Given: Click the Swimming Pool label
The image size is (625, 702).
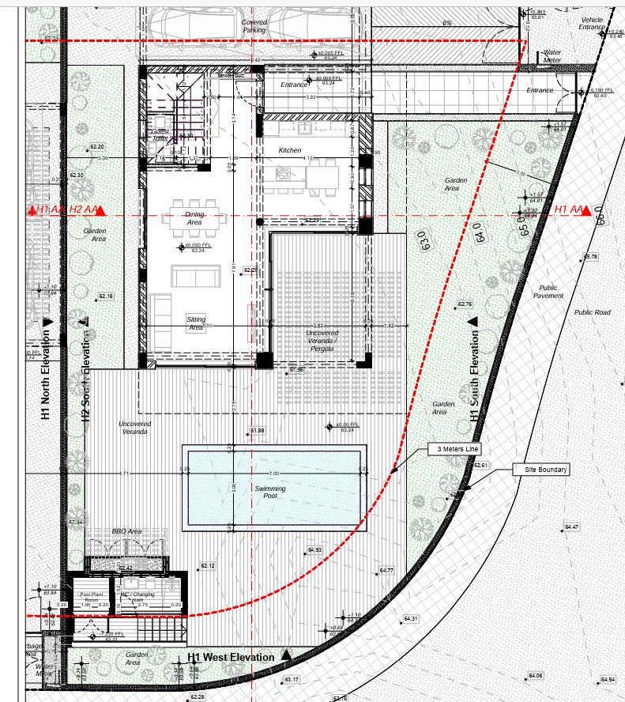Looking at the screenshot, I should pos(270,493).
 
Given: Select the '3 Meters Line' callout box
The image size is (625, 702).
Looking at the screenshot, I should pos(454,449).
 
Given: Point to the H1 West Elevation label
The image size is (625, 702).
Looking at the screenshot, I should pos(231,657).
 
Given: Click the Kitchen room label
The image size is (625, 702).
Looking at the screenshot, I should pos(289,150).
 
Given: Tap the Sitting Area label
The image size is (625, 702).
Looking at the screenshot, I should pos(195,323).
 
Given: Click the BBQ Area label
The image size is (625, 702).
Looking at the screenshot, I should pos(126,531).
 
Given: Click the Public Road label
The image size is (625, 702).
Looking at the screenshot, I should pos(592,312).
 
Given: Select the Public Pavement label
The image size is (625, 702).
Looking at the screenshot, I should pos(548,292).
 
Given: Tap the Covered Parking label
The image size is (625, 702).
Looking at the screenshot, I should pos(254,26).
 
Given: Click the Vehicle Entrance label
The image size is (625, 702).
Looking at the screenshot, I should pos(591,23).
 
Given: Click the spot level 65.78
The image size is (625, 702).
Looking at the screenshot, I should pos(590,257).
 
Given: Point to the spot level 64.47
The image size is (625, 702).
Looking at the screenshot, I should pos(571,527).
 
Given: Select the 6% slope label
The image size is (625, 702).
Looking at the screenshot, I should pos(447,24).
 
